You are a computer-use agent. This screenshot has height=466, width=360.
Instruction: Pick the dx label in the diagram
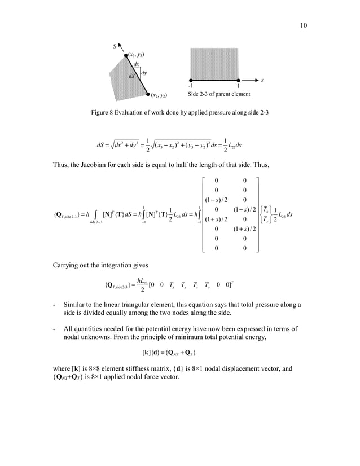[x=137, y=64]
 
